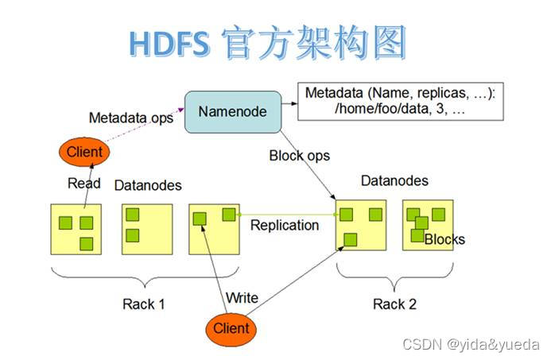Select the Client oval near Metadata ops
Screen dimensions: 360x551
(83, 151)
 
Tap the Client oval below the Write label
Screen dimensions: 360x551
(231, 327)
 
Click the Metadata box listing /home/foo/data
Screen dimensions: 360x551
(400, 102)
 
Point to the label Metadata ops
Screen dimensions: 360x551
(130, 118)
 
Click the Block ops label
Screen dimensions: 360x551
(300, 156)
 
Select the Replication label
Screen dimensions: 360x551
(284, 225)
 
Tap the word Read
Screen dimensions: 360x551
(83, 183)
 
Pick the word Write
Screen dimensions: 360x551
(242, 297)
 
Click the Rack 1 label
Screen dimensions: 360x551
(144, 304)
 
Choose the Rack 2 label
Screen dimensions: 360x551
(394, 304)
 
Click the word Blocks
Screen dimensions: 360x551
(444, 239)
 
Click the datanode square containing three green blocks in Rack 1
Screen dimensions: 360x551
(76, 229)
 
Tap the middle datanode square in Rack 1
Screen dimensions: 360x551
(147, 229)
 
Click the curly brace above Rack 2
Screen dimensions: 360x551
(395, 275)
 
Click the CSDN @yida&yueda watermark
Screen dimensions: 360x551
(471, 345)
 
